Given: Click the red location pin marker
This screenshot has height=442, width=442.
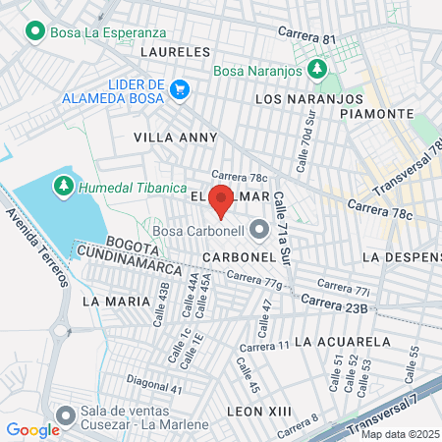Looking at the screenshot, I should coord(221,199).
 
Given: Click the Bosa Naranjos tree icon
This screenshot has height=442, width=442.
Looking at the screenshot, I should coord(317,68).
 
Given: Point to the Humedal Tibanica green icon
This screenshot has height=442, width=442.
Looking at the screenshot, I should coord(64,186).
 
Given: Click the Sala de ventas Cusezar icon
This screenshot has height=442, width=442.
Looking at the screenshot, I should coord(66,415).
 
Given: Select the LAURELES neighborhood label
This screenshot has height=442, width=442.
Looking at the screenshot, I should coord(176,50).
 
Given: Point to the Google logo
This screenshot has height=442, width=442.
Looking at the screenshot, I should coord(32,429).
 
